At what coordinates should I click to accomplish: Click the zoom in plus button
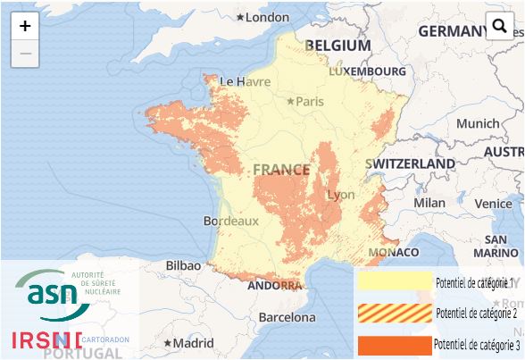point(25,26)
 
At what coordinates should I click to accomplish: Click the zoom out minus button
point(25,54)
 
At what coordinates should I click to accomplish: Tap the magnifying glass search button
point(500,27)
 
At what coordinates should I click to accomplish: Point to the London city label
point(267,17)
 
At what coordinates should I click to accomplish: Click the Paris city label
point(309,101)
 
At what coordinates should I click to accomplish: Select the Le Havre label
point(245,81)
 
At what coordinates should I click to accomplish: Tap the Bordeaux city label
point(230,220)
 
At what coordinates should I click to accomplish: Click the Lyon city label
point(341,195)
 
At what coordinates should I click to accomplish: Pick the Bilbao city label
point(183,265)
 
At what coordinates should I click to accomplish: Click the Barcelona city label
point(287,317)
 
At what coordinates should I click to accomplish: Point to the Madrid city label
point(193,343)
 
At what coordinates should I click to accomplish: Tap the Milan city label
point(429,203)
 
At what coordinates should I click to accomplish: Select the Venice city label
point(493,204)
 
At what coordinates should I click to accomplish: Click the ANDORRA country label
point(273,286)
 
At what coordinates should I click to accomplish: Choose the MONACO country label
point(393,253)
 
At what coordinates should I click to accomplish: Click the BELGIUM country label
point(337,46)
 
